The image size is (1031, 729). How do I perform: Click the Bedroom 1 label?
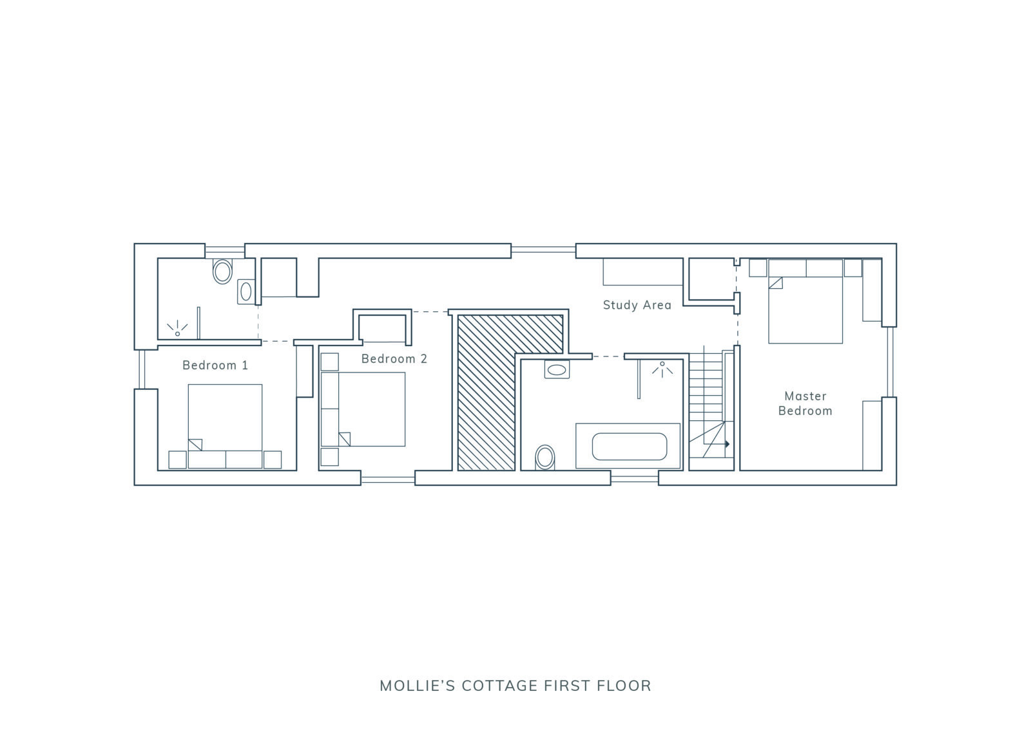tap(215, 365)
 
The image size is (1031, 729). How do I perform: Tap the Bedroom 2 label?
tap(394, 359)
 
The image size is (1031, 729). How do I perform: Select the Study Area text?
tap(637, 305)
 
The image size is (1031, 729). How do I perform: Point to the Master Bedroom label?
tap(805, 403)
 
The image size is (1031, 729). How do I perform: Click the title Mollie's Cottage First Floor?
tap(515, 686)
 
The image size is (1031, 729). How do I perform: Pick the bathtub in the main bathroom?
tap(628, 446)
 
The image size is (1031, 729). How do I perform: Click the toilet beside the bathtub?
tap(545, 457)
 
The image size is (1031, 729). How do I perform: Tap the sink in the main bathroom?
tap(557, 369)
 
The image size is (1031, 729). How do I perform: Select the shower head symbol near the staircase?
tap(662, 369)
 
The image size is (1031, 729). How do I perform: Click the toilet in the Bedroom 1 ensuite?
tap(222, 271)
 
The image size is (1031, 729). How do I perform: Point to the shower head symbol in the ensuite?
tap(177, 328)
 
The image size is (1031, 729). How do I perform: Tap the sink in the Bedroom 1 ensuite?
tap(246, 291)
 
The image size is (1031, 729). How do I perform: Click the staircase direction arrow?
tap(727, 444)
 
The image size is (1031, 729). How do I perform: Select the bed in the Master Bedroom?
tap(805, 301)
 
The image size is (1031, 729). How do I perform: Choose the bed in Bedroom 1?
tap(225, 426)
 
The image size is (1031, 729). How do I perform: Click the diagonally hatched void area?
tap(487, 391)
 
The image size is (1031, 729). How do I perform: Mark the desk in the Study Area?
tap(642, 272)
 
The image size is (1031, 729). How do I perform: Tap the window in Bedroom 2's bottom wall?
tap(387, 480)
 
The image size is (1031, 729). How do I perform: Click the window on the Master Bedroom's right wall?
tap(890, 362)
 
